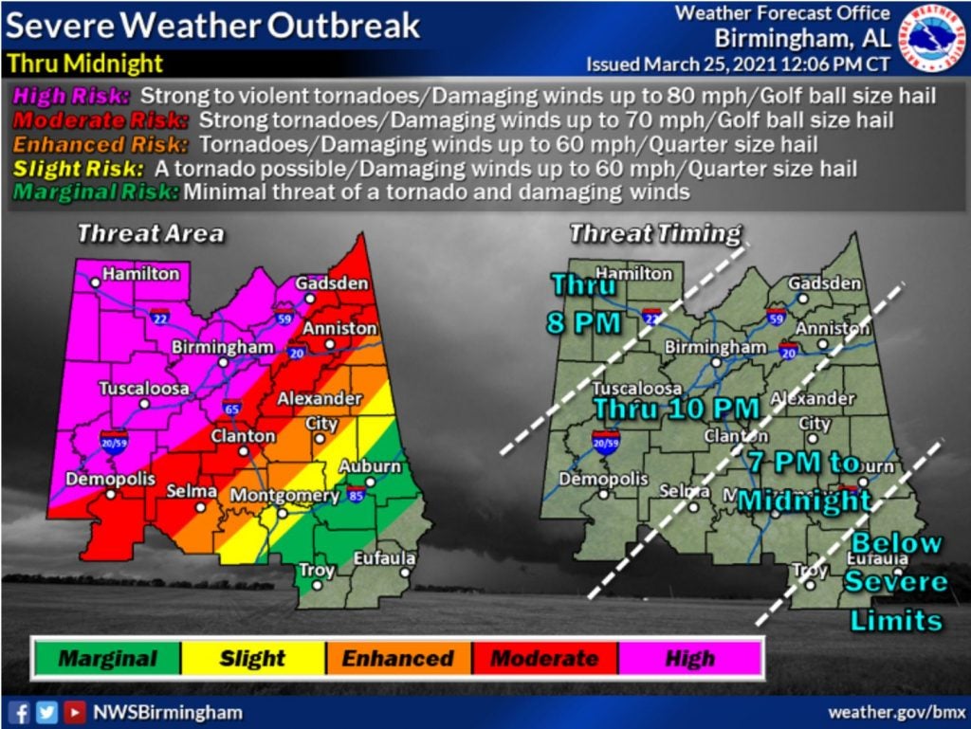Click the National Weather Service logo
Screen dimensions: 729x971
pos(931,38)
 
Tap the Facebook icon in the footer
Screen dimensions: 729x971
pos(18,712)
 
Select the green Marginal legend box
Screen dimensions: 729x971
pos(106,658)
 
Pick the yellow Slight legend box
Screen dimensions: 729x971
pos(252,658)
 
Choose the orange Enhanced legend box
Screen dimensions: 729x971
pos(398,658)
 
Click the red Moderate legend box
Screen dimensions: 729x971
pos(544,658)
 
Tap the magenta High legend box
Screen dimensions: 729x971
pos(690,658)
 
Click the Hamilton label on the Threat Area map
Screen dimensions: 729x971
pos(140,273)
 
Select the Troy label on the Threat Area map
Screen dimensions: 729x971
pos(317,570)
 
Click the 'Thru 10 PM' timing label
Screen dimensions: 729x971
pos(676,408)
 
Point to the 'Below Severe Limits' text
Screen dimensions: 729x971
pos(896,581)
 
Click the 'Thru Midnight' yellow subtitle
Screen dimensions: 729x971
pos(85,64)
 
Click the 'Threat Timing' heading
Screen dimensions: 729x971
pos(654,233)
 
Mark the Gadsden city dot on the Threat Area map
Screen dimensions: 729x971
pos(309,297)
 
